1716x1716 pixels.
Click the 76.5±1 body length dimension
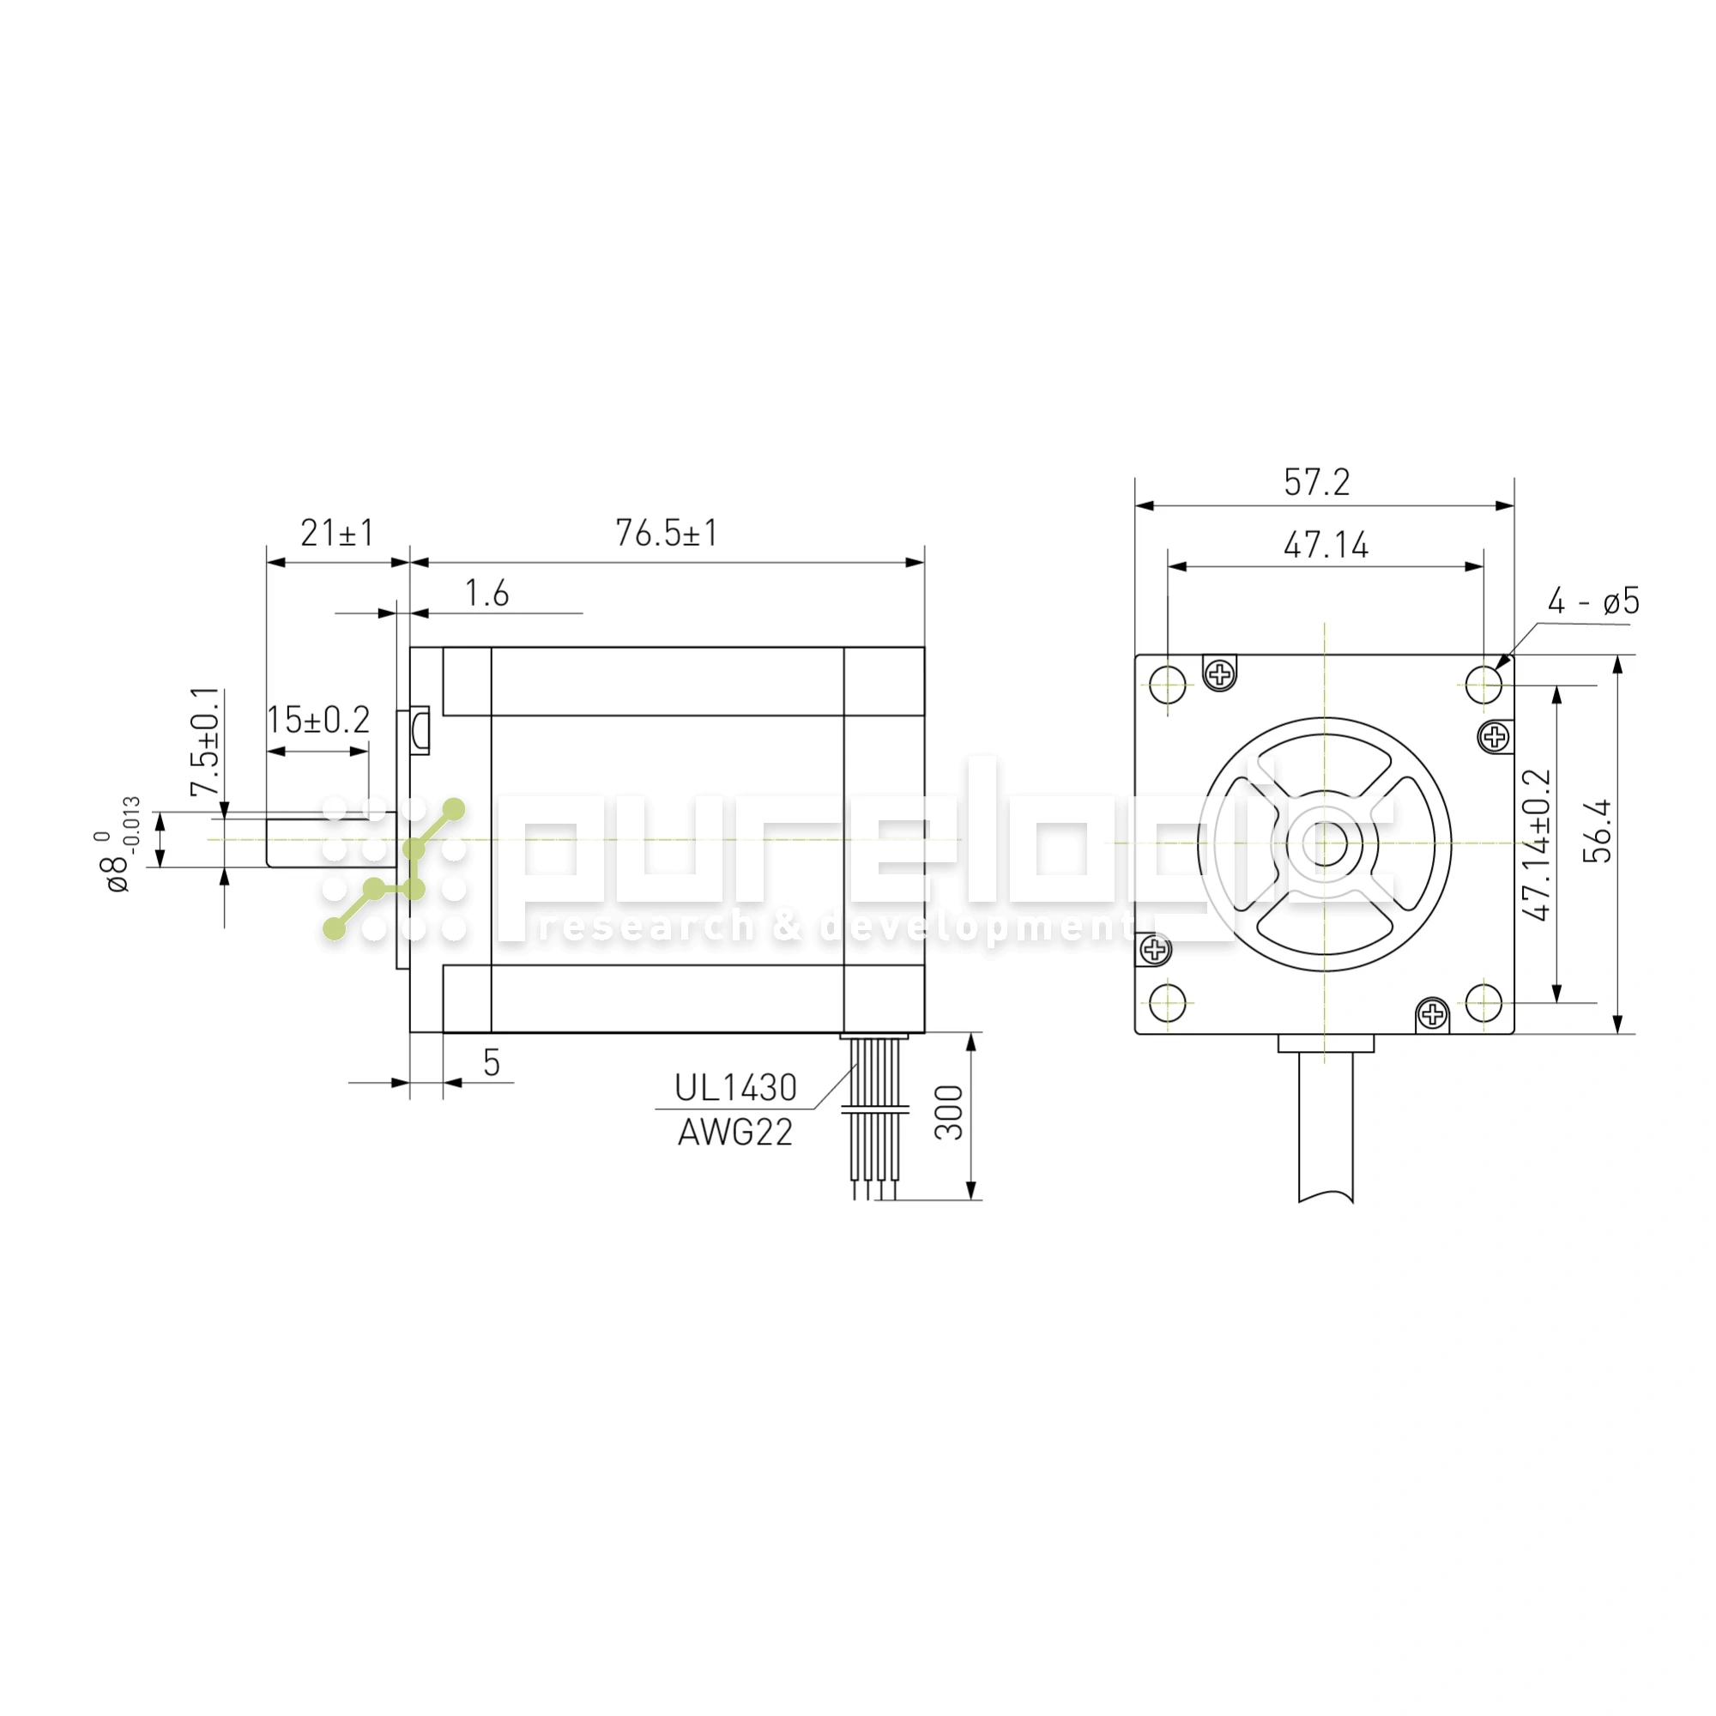click(x=666, y=533)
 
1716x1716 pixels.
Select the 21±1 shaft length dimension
click(x=337, y=533)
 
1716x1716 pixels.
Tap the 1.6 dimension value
click(x=486, y=594)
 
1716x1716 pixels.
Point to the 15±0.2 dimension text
click(x=318, y=720)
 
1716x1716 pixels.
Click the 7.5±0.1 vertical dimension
click(x=205, y=741)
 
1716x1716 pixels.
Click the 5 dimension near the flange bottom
click(x=491, y=1062)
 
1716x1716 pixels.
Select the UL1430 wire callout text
click(x=735, y=1088)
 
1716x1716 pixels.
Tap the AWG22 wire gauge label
click(x=735, y=1133)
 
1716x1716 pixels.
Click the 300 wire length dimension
click(x=949, y=1112)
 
